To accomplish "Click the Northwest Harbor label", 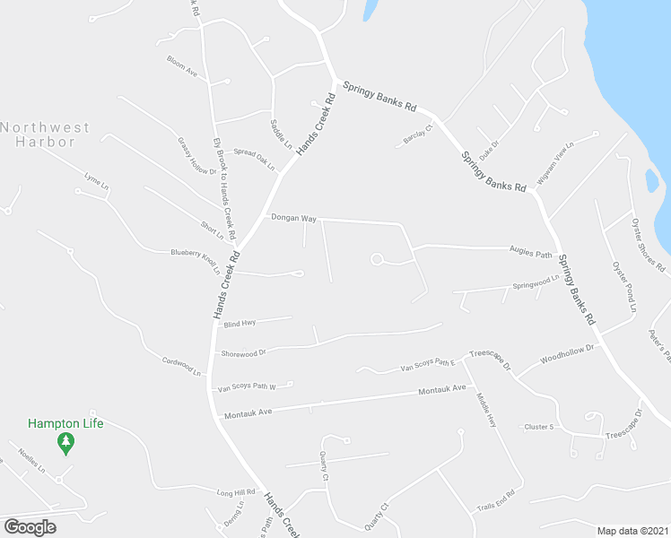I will pyautogui.click(x=45, y=134).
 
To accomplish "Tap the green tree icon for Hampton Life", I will pyautogui.click(x=65, y=442).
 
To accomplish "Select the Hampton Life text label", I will pyautogui.click(x=65, y=423).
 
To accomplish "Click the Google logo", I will pyautogui.click(x=30, y=527).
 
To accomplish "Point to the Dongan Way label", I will pyautogui.click(x=294, y=218).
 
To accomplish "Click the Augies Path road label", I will pyautogui.click(x=531, y=254).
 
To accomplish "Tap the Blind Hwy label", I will pyautogui.click(x=240, y=323).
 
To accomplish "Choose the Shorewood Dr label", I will pyautogui.click(x=243, y=353).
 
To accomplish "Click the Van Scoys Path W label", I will pyautogui.click(x=246, y=386).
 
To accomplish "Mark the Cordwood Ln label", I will pyautogui.click(x=181, y=367).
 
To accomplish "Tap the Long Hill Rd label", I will pyautogui.click(x=237, y=492).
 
